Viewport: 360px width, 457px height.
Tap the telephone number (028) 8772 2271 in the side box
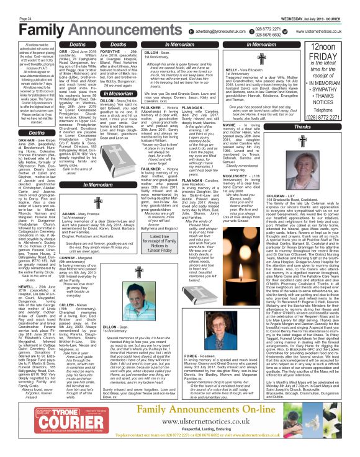[x=328, y=115]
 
